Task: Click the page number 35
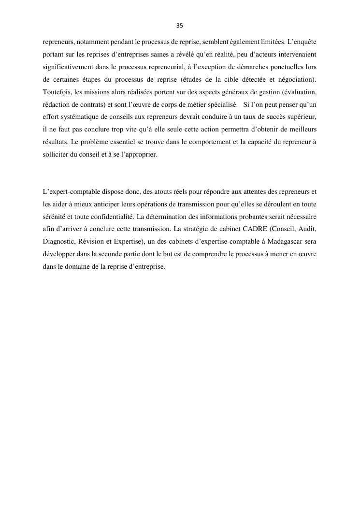(180, 26)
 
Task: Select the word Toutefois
(56, 92)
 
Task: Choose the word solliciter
(56, 155)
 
